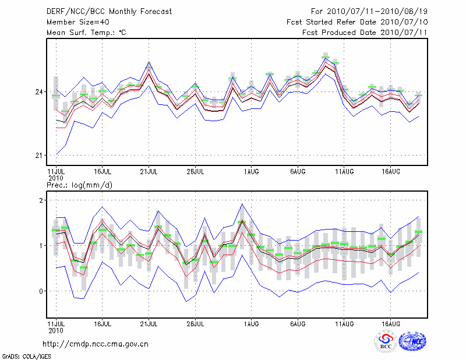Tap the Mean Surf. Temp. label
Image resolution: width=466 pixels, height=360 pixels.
pos(86,33)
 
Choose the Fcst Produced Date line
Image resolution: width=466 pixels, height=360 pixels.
pos(365,33)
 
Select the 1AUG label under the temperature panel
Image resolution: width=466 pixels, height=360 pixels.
pos(251,171)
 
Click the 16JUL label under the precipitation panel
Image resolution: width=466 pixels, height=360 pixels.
pos(103,323)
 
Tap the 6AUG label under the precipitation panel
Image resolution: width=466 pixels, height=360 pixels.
pos(298,323)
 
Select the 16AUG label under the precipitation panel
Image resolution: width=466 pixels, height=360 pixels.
pos(390,323)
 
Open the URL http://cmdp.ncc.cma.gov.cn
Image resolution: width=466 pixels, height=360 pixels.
pos(96,344)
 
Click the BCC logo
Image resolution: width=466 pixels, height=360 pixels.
pos(385,342)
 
